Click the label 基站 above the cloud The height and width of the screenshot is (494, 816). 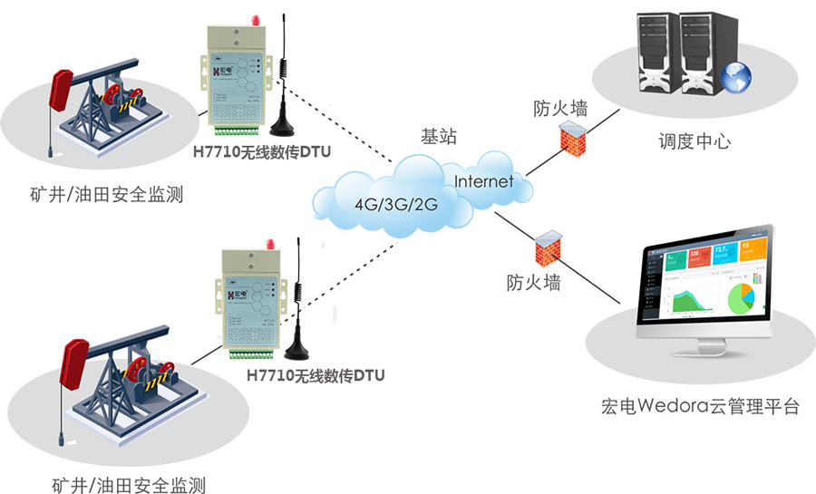(439, 138)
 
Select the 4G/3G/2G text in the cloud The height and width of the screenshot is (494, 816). (396, 204)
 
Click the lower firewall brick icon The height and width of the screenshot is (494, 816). (546, 247)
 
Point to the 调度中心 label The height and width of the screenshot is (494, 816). (695, 142)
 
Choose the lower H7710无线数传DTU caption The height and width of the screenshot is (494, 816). (316, 374)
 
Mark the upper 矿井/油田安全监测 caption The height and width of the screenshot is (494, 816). (106, 193)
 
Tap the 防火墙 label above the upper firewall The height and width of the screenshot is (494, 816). (559, 111)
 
